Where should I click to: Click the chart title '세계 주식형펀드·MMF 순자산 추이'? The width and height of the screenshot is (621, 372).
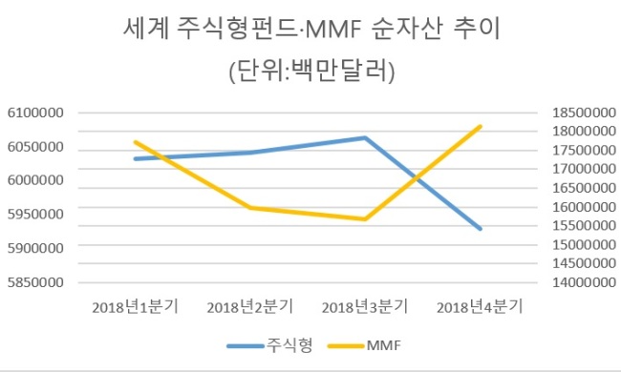click(311, 29)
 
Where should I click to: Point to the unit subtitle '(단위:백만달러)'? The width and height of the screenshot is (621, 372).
click(312, 72)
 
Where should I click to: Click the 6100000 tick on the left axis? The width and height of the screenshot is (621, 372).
click(35, 113)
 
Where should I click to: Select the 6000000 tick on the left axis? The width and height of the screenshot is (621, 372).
click(35, 180)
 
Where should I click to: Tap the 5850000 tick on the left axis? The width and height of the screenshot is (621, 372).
click(35, 282)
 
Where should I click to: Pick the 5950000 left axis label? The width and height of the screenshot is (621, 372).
click(35, 215)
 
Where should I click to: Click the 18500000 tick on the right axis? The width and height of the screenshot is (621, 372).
click(584, 113)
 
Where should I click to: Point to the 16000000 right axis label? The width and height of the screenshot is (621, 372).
click(584, 207)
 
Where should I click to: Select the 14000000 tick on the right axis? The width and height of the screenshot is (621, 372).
click(584, 282)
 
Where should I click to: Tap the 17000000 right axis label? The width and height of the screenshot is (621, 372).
click(584, 169)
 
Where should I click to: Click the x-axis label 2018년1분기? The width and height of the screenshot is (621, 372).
click(136, 307)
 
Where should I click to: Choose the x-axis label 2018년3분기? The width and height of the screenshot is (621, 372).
click(365, 307)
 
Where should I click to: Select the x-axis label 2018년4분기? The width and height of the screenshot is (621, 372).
click(480, 307)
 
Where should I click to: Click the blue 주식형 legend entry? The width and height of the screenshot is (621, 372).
click(269, 345)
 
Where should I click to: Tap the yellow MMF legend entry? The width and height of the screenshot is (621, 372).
click(364, 345)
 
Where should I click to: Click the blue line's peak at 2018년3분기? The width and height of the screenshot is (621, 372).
click(365, 138)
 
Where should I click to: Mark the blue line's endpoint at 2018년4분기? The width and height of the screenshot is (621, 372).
click(480, 229)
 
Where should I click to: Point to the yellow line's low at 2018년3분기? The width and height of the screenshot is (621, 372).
click(365, 219)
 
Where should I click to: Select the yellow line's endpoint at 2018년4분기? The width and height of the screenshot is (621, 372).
click(480, 127)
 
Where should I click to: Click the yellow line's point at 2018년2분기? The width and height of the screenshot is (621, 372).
click(250, 208)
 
